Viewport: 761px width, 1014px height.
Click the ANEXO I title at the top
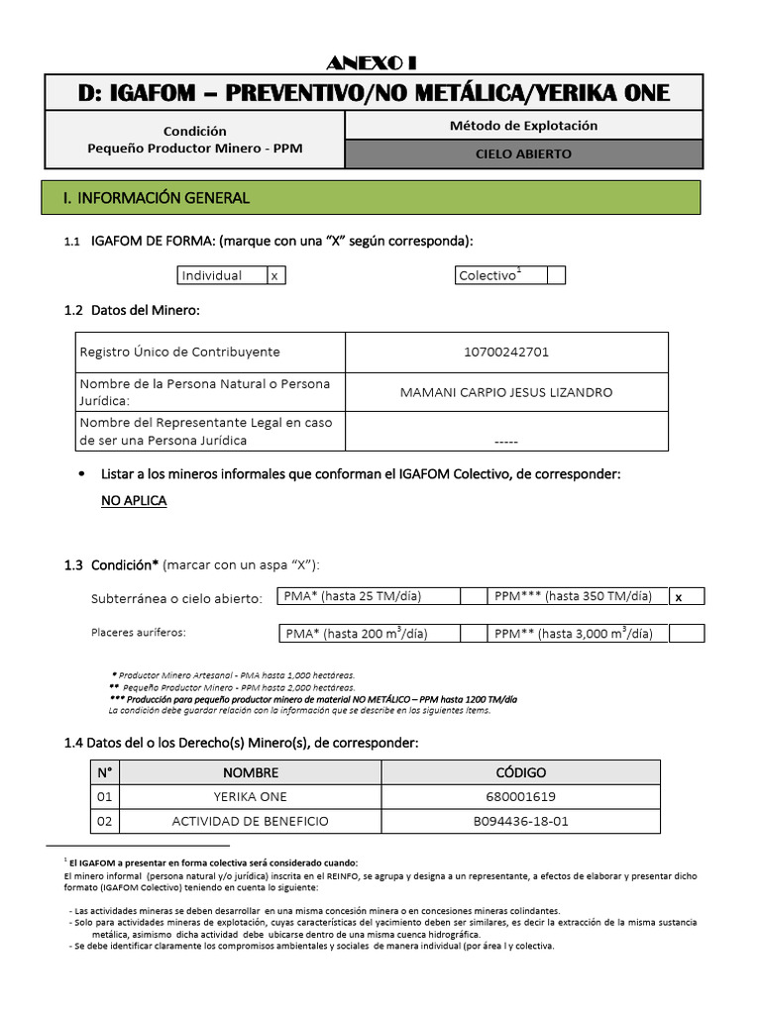[372, 62]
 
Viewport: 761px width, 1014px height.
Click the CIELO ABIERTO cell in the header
[523, 153]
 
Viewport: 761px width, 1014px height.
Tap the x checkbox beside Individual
[275, 275]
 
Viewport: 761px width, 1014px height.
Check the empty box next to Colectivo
[556, 275]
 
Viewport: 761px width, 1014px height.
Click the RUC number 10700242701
[505, 352]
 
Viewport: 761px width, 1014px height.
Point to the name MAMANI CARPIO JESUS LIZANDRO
[505, 392]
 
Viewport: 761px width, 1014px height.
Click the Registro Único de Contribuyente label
[180, 352]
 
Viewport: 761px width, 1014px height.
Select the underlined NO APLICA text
[134, 501]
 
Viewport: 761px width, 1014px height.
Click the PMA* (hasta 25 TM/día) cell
[353, 596]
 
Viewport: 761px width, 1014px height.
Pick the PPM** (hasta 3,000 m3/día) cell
[574, 634]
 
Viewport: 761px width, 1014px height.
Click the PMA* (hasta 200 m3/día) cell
[357, 634]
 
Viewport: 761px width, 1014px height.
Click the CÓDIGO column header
[520, 772]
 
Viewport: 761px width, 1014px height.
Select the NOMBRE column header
[250, 772]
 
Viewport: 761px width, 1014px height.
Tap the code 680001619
[520, 797]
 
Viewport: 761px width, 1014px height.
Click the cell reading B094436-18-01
[520, 822]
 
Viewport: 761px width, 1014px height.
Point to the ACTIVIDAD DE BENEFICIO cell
[250, 822]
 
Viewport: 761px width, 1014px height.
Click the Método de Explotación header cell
[523, 126]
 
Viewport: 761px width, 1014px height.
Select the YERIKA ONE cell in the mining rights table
[250, 797]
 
